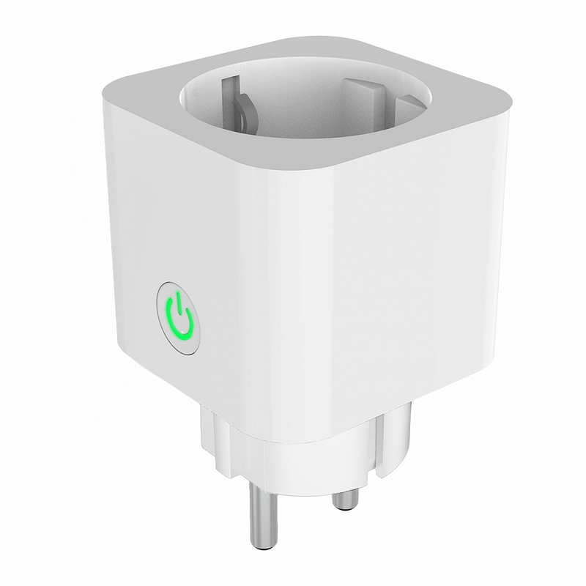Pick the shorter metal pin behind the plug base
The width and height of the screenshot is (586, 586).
click(x=343, y=499)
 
